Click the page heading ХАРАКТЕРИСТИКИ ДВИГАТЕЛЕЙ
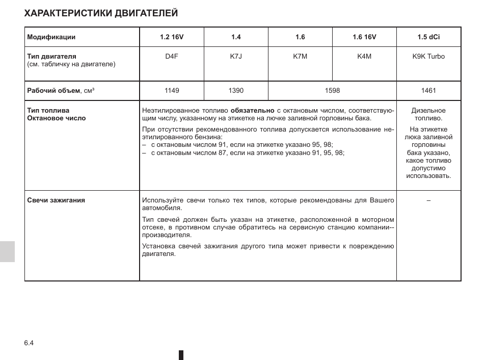tap(101, 13)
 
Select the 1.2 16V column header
tap(171, 37)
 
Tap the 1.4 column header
tap(236, 37)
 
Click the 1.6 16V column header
tap(364, 37)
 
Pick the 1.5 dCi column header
tap(428, 37)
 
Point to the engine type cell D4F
tap(171, 57)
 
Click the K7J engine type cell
tap(236, 57)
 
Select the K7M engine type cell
tap(300, 57)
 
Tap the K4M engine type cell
tap(364, 57)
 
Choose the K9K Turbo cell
tap(428, 57)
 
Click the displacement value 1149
tap(172, 91)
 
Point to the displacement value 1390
tap(236, 91)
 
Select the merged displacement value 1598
tap(332, 91)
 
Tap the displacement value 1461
tap(428, 91)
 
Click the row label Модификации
tap(51, 37)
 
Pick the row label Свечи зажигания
tap(56, 200)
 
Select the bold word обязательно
tap(252, 110)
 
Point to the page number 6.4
tap(29, 343)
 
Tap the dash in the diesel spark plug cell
tap(428, 200)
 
